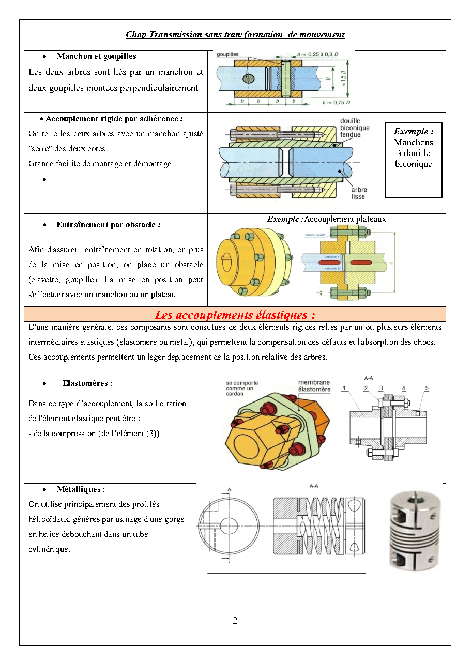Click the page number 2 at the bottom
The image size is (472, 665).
coord(235,621)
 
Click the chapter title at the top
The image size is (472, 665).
coord(235,35)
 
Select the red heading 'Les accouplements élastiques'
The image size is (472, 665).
coord(235,315)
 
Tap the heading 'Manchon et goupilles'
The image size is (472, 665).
coord(97,56)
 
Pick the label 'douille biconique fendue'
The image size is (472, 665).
coord(355,128)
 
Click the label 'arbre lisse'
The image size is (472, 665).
coord(359,193)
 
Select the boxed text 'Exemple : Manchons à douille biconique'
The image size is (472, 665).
coord(414,148)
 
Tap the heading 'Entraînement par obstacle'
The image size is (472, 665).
coord(109,225)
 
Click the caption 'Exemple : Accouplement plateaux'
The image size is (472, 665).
coord(326,219)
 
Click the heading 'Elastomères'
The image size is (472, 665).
coord(87,383)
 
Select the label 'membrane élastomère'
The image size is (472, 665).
coord(314,386)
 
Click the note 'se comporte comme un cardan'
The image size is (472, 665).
coord(242,388)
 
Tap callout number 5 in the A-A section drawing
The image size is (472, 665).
coord(427,388)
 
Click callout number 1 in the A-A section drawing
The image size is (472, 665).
coord(344,388)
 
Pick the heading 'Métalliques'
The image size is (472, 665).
coord(81,489)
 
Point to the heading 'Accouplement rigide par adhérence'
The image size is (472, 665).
coord(114,119)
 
